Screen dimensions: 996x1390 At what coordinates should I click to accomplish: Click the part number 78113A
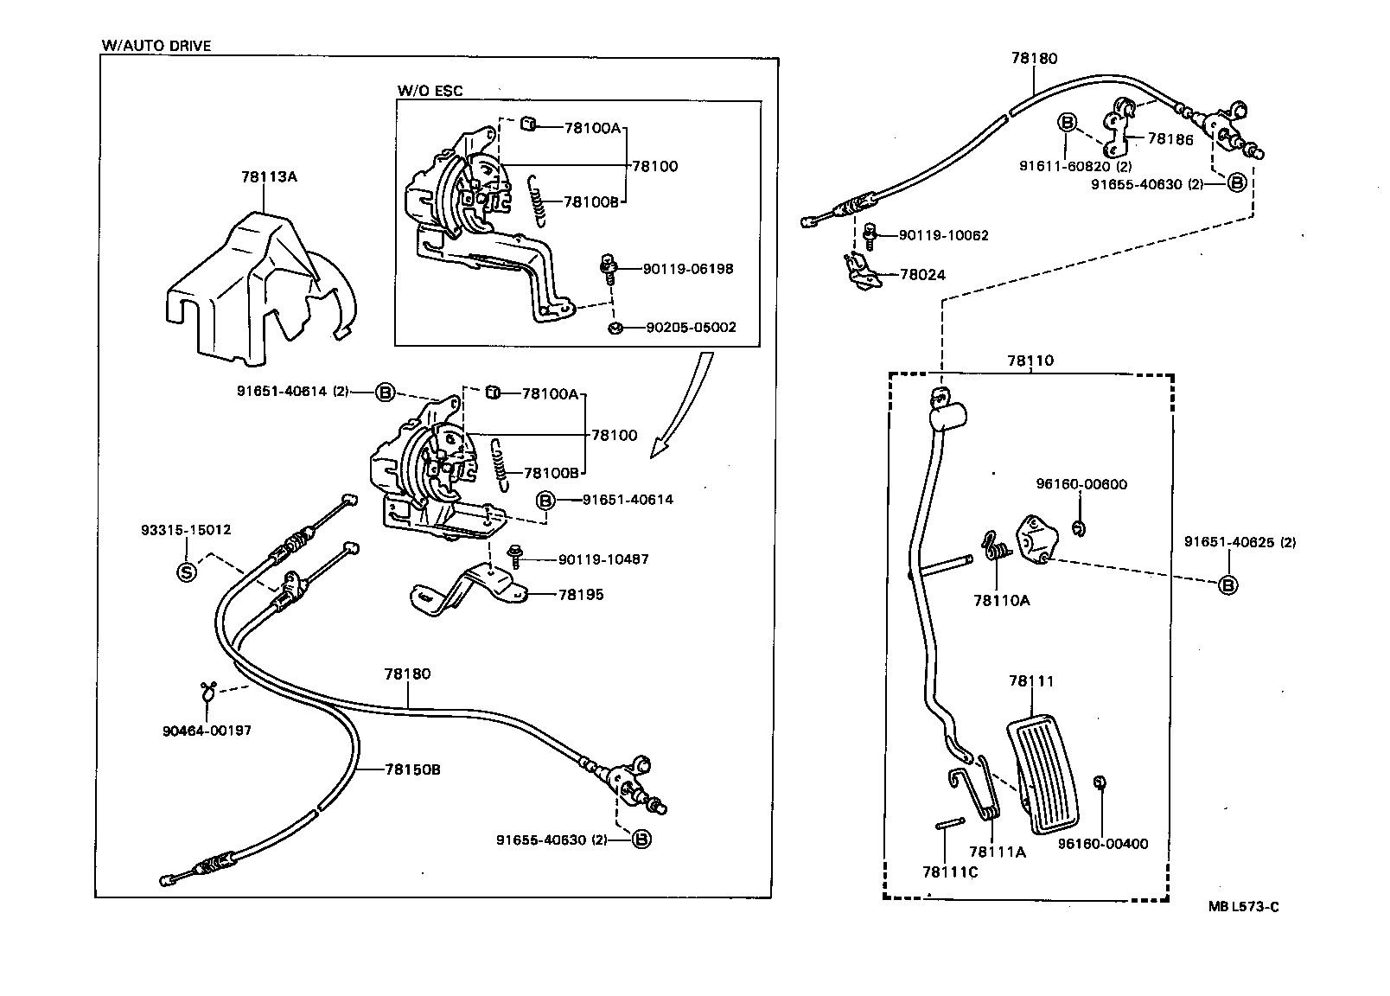269,176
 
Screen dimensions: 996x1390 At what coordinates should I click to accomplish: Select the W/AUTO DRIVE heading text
156,46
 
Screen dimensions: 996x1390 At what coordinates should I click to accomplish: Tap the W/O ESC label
430,91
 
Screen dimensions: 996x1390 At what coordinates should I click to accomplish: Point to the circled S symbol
186,571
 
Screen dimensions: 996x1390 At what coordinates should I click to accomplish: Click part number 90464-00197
207,730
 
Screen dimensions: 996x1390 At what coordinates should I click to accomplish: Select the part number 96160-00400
1103,843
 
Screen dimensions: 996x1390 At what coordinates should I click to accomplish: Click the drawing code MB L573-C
1243,906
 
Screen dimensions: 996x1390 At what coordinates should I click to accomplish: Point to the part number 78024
922,275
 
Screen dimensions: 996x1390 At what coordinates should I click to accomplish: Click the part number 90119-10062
943,235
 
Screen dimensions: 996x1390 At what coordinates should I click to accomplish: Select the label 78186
1170,138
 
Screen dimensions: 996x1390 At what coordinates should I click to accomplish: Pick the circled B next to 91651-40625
1227,585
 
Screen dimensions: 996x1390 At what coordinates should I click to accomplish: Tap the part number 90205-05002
691,328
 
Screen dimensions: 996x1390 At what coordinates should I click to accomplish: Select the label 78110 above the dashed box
1030,361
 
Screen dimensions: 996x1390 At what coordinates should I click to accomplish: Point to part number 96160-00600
1081,484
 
